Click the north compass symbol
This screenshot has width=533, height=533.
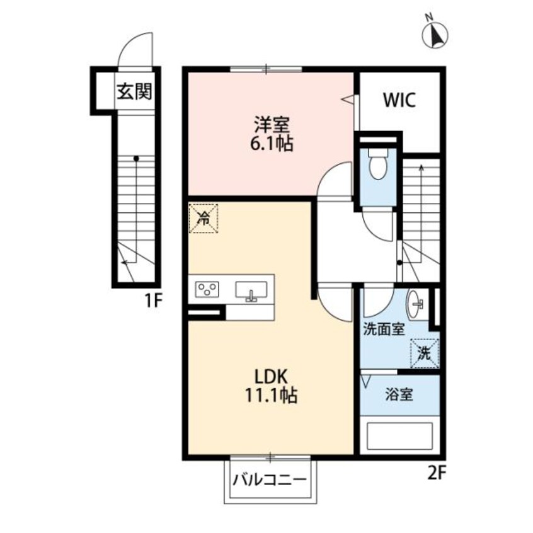[435, 34]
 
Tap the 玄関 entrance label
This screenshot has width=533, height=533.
[134, 91]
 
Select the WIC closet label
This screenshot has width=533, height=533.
[399, 100]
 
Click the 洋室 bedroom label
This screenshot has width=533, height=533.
[272, 125]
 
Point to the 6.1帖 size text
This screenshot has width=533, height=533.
[272, 144]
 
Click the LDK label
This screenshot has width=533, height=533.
[272, 377]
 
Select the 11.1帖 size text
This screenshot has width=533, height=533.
[272, 396]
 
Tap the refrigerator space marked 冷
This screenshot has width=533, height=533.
[203, 218]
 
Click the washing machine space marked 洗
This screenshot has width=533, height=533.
[425, 353]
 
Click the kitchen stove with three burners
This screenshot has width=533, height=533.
[207, 289]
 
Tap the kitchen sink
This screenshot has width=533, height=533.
[251, 291]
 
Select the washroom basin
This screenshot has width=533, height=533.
[415, 300]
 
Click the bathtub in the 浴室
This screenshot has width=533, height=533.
[399, 435]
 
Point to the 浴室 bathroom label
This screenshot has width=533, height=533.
[399, 394]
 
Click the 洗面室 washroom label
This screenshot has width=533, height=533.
[384, 329]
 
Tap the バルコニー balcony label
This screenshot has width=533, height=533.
[270, 481]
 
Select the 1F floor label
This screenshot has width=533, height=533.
[153, 300]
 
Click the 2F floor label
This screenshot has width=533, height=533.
[436, 473]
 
